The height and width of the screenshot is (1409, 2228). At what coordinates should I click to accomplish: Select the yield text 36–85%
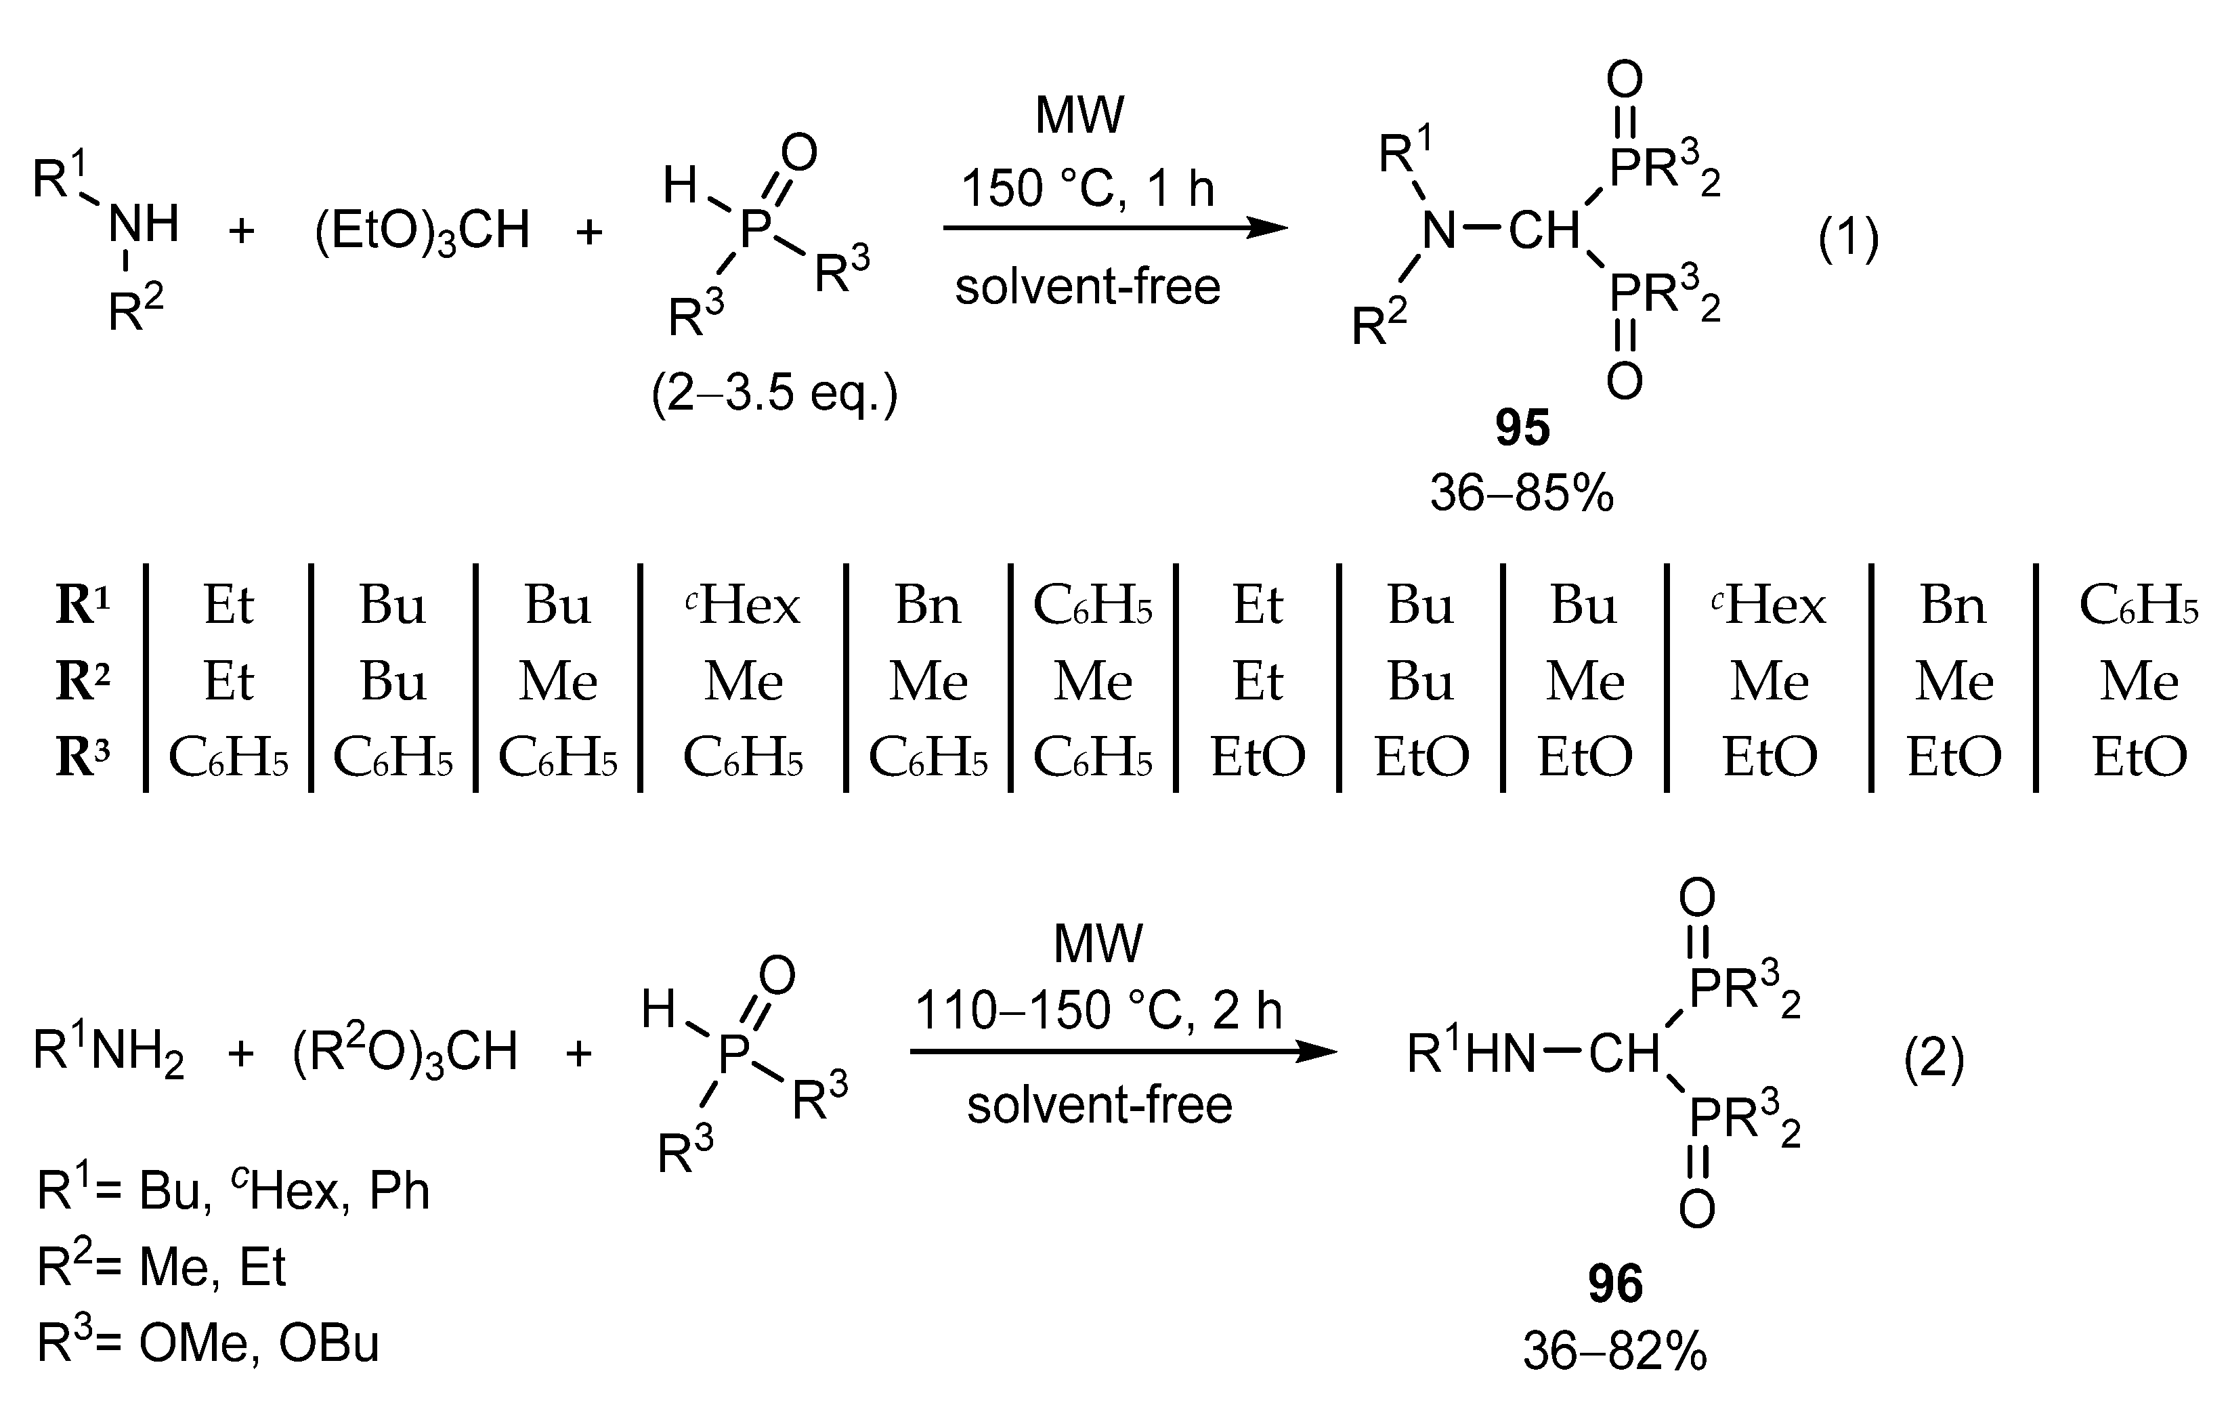point(1522,493)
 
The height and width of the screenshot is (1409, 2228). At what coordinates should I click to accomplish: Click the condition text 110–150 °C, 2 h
point(1098,1010)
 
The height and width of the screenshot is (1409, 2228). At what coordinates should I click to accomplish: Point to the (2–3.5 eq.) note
point(775,394)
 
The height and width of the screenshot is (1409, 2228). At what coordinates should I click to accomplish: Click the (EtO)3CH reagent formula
point(422,230)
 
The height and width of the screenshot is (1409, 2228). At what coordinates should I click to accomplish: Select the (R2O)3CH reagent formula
point(404,1053)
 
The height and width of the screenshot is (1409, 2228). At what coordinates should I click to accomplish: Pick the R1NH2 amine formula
point(109,1053)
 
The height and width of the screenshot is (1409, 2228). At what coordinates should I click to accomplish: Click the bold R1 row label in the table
point(83,605)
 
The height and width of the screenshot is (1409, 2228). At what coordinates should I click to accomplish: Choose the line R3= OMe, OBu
point(208,1343)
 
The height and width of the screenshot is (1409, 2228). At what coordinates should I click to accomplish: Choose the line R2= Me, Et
point(162,1267)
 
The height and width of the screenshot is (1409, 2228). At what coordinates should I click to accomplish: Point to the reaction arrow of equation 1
point(1114,228)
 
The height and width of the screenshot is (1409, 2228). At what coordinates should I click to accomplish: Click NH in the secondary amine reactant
point(144,224)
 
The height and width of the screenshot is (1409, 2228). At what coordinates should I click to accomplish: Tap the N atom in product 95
point(1439,230)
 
